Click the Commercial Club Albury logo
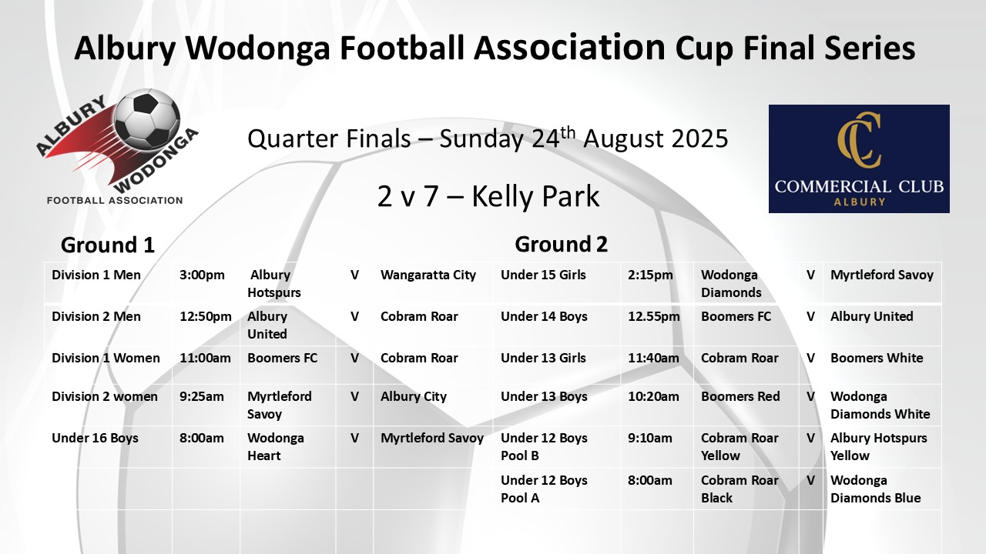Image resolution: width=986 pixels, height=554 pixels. point(859,159)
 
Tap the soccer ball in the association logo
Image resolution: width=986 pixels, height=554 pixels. point(146,119)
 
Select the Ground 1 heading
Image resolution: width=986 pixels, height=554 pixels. point(108,245)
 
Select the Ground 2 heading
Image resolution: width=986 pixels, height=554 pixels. point(562,244)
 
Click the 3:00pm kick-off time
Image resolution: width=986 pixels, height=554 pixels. point(202,275)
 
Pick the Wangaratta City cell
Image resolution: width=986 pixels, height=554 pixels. point(428,275)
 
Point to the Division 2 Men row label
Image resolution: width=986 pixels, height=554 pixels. point(96,316)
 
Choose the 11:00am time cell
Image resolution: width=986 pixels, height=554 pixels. point(205,358)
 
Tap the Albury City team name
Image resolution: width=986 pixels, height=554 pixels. point(414,396)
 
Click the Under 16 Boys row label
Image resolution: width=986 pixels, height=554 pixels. point(95,438)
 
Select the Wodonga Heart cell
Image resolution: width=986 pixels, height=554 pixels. point(276,447)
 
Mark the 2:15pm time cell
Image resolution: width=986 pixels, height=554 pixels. point(650,275)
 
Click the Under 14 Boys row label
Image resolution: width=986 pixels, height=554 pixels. point(544,316)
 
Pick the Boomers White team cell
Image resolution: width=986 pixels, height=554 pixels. point(877,358)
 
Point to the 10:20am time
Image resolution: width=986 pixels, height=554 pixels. point(653,396)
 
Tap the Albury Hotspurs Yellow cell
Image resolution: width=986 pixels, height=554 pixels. point(879,447)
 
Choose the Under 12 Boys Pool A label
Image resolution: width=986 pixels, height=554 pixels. point(544,489)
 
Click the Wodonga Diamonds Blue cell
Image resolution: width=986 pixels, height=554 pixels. point(876,489)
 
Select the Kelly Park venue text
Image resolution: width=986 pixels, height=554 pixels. point(535,196)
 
